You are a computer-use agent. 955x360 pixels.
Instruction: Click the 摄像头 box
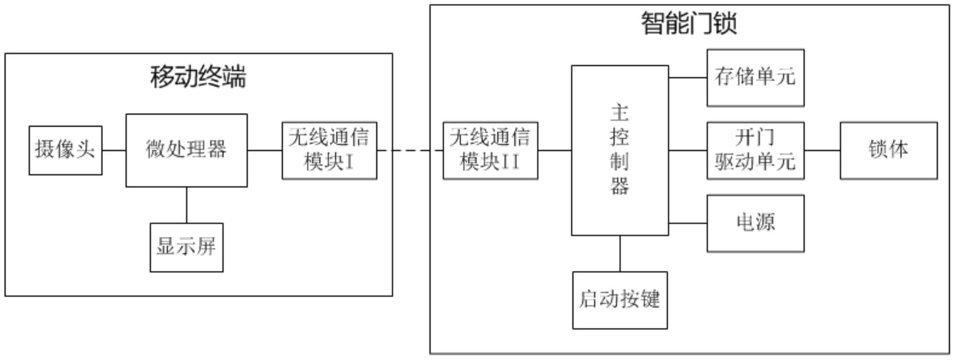[65, 150]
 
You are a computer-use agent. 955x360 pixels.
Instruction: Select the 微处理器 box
[187, 150]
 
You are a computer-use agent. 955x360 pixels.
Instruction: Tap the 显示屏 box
[187, 247]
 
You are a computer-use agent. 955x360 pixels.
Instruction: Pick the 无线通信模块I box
[329, 150]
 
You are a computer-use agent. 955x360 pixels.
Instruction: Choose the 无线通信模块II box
[490, 150]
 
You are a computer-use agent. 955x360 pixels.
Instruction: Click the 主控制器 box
[620, 150]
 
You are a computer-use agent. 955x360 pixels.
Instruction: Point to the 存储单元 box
[755, 78]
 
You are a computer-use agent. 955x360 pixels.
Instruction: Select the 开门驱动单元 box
[755, 150]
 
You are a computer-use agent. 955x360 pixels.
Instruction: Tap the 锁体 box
[889, 150]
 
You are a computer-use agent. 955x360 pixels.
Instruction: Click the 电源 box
[755, 223]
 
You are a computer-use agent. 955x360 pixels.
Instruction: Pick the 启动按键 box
[620, 300]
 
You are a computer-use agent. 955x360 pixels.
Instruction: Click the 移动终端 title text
[198, 77]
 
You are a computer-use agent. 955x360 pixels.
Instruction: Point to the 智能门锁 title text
[689, 23]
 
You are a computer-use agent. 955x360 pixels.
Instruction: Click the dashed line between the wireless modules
[410, 150]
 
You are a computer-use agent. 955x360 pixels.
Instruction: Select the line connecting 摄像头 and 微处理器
[114, 150]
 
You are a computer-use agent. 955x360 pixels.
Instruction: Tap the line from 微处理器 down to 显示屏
[187, 205]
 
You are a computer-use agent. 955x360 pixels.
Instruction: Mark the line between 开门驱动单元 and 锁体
[822, 150]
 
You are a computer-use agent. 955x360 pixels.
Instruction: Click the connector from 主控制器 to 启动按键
[620, 253]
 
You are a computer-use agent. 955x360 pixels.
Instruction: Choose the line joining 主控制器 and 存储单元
[688, 78]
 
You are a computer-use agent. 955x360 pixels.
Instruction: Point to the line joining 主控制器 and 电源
[688, 223]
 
